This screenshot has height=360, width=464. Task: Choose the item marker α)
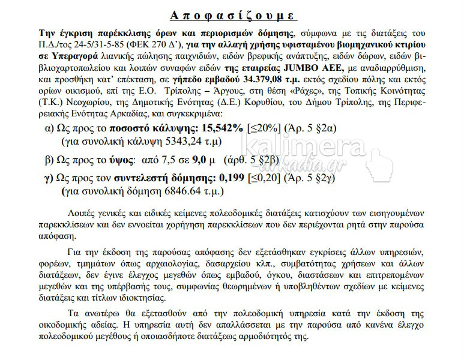tap(51, 129)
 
